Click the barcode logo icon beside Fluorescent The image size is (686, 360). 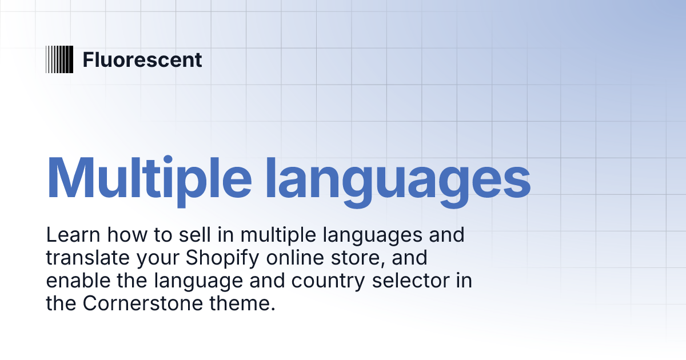click(x=59, y=59)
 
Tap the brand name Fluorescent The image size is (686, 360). click(x=142, y=59)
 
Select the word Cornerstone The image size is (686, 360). click(x=139, y=303)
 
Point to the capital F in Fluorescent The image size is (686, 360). click(x=87, y=59)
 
